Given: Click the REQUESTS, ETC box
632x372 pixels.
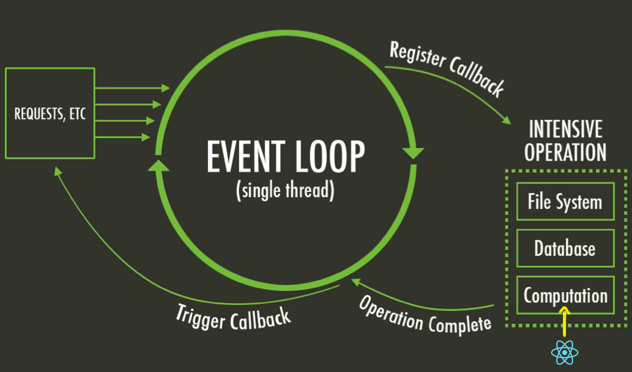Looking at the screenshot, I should click(50, 113).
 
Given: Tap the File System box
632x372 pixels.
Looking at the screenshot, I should click(565, 202).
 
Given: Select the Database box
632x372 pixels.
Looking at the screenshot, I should click(565, 249).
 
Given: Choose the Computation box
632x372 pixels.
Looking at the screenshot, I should click(565, 296).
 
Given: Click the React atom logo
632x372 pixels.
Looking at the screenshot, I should click(564, 352).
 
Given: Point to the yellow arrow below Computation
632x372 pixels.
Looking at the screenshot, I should click(564, 319).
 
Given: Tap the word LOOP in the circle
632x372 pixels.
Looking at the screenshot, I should click(329, 158).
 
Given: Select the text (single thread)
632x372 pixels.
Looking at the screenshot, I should click(284, 191).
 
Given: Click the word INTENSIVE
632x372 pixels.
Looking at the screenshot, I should click(565, 129).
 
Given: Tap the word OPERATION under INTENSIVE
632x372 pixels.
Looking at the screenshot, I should click(565, 152).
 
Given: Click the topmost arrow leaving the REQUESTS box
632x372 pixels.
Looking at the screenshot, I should click(132, 88).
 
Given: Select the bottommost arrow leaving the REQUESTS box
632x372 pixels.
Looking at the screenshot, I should click(122, 137).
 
